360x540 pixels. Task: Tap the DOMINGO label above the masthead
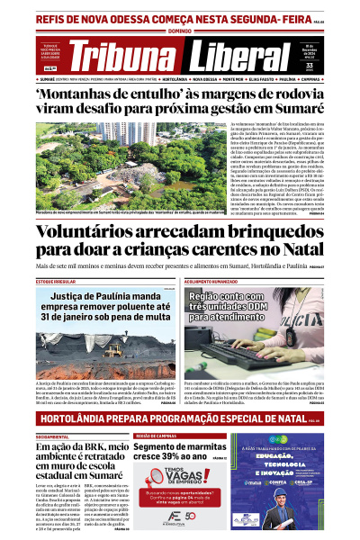(180, 31)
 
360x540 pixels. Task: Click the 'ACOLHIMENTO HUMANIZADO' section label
(212, 283)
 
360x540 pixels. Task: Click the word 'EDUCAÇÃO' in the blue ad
(284, 454)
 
